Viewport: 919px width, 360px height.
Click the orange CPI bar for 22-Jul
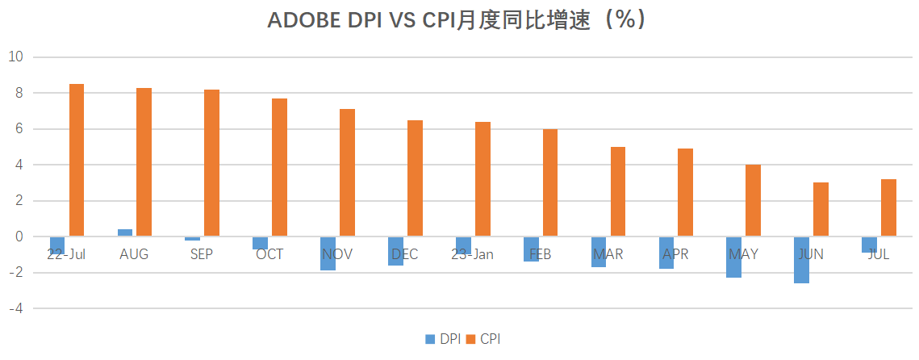77,160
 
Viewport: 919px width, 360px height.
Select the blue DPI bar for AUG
125,232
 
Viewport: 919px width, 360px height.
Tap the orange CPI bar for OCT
279,167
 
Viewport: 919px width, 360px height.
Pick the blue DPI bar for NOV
328,253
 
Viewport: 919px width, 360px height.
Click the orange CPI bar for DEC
415,178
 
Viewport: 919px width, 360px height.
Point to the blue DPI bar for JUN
801,260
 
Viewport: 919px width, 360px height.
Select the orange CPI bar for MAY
753,200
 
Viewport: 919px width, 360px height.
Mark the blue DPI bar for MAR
599,252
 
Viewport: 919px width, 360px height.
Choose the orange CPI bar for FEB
550,182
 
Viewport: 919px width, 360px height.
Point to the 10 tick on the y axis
16,57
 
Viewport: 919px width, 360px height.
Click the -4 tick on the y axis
16,308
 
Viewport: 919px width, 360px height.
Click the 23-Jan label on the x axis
472,254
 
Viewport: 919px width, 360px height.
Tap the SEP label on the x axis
202,254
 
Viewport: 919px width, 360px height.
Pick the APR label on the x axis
675,254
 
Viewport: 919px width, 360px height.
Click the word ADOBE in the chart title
306,21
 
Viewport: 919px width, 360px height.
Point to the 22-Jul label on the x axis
66,254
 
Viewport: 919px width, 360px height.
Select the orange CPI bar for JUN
821,209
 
